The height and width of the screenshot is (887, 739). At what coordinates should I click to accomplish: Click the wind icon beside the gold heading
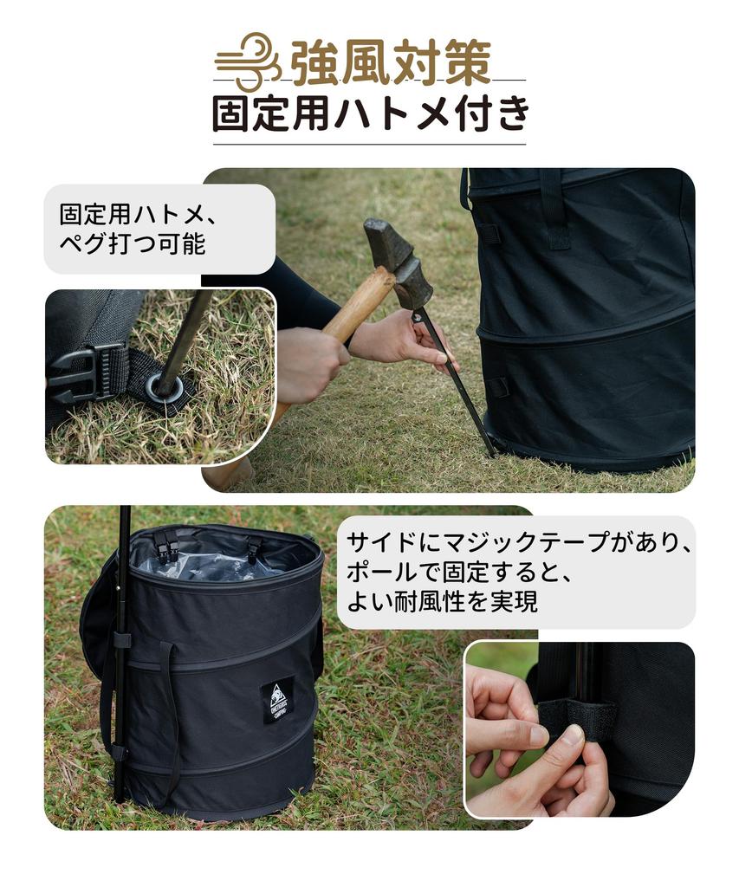pyautogui.click(x=248, y=62)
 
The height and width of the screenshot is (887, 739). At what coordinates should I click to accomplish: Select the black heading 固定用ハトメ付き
pyautogui.click(x=370, y=113)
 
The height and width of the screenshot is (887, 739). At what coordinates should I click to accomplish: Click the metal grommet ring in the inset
pyautogui.click(x=165, y=386)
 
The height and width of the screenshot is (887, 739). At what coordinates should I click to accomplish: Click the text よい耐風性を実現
pyautogui.click(x=442, y=602)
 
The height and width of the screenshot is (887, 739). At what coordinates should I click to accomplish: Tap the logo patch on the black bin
pyautogui.click(x=277, y=700)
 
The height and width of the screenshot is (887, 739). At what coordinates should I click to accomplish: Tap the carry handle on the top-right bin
pyautogui.click(x=554, y=208)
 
